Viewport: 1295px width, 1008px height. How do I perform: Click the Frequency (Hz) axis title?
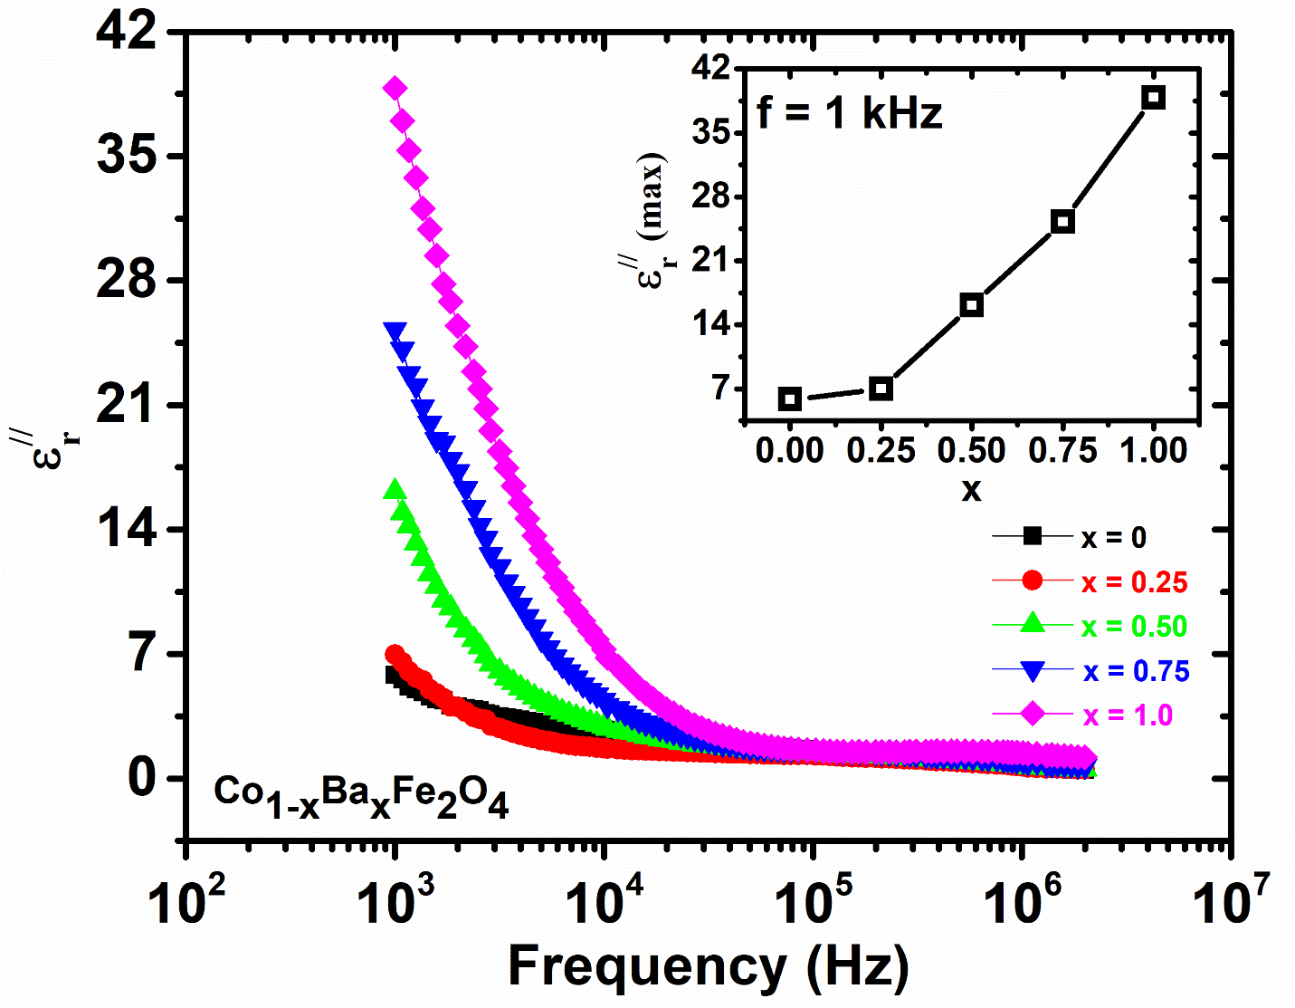[x=709, y=966]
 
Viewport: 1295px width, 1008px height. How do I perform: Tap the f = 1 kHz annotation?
[x=850, y=113]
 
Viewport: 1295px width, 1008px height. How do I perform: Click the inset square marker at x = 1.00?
[x=1153, y=98]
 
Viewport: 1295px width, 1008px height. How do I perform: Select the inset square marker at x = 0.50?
[x=972, y=305]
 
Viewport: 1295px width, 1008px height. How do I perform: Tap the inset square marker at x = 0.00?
[x=790, y=398]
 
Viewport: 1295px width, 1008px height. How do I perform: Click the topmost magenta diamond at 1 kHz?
[x=395, y=88]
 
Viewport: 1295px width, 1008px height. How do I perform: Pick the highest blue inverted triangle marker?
[x=395, y=331]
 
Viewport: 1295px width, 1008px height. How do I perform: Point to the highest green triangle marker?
[x=395, y=490]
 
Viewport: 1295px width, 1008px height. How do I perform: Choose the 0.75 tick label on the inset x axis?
[x=1062, y=449]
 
